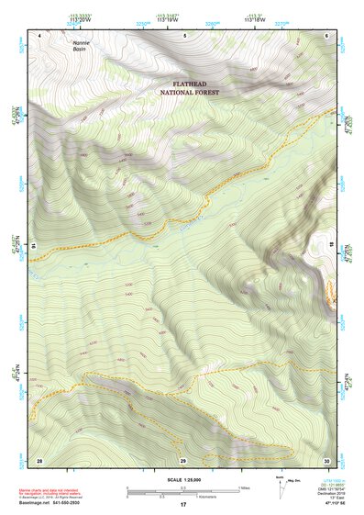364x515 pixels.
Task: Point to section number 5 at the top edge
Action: (x=184, y=35)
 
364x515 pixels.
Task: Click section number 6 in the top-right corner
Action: (x=327, y=35)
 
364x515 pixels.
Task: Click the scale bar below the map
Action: (x=182, y=491)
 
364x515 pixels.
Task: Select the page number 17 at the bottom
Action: (x=182, y=505)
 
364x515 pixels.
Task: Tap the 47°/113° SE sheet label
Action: (x=328, y=505)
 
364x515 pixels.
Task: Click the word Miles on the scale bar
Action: (x=245, y=487)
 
